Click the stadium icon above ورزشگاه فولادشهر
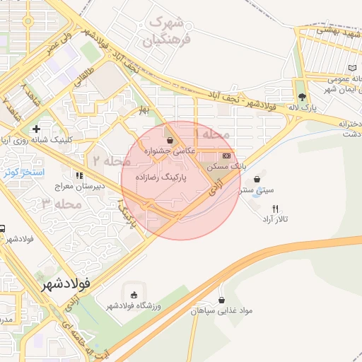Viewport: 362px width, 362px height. [x=132, y=293]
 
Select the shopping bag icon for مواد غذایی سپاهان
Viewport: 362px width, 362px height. [x=222, y=300]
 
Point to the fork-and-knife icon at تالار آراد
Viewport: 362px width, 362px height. [x=276, y=209]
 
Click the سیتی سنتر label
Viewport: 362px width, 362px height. [x=255, y=190]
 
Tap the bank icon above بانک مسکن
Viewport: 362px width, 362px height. [x=226, y=155]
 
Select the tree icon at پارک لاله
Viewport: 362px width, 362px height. [x=303, y=98]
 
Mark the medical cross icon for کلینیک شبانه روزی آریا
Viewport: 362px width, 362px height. [x=36, y=129]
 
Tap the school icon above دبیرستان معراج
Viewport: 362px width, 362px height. [x=78, y=175]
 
